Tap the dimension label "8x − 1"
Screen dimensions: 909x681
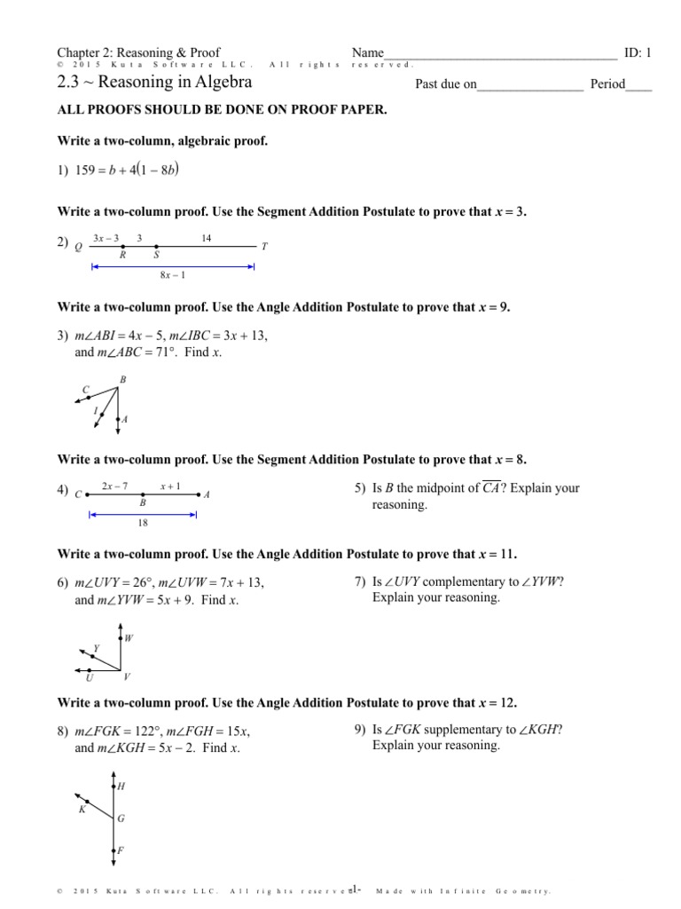[x=172, y=275]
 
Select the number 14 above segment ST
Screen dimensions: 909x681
[x=206, y=237]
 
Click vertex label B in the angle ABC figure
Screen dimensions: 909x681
[x=122, y=379]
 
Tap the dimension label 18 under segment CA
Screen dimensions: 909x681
[x=143, y=524]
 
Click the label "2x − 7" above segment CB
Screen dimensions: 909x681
[x=115, y=486]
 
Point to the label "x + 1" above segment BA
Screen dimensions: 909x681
[x=170, y=486]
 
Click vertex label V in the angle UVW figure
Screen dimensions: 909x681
[x=127, y=676]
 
